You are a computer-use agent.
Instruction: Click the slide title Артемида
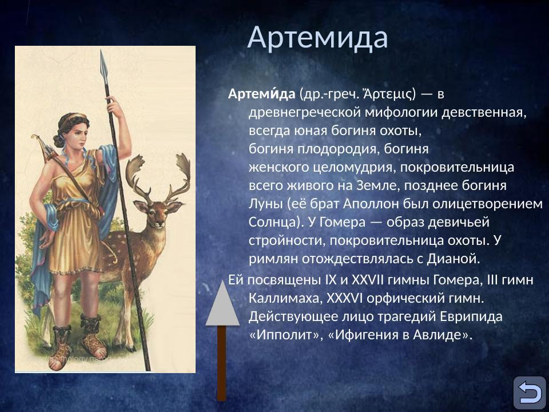[x=317, y=37]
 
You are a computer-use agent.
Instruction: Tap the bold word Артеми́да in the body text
[x=261, y=94]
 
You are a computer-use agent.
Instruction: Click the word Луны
[x=265, y=204]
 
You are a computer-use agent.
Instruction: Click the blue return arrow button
[x=529, y=393]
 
